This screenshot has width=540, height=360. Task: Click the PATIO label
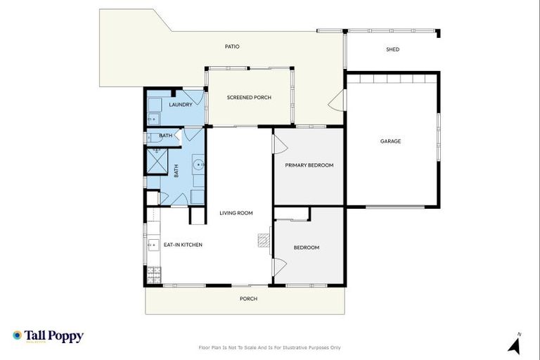(x=232, y=46)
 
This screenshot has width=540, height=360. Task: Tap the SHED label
(x=392, y=49)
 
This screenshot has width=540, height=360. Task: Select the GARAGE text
(x=390, y=141)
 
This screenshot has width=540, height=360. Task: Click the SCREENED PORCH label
(x=249, y=98)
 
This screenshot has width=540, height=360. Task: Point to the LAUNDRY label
(x=181, y=105)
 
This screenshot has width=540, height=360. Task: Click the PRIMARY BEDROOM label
(x=309, y=165)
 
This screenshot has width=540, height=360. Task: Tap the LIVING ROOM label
(x=236, y=213)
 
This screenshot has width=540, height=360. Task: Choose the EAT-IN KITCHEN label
(x=183, y=245)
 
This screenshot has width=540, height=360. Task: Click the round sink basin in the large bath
(x=199, y=165)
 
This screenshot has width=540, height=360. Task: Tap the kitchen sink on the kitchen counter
(x=152, y=245)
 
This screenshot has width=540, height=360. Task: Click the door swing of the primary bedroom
(x=279, y=145)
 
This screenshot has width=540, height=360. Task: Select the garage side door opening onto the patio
(x=336, y=100)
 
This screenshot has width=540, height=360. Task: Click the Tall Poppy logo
(x=48, y=336)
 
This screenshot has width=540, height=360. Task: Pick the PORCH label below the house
(x=248, y=299)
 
